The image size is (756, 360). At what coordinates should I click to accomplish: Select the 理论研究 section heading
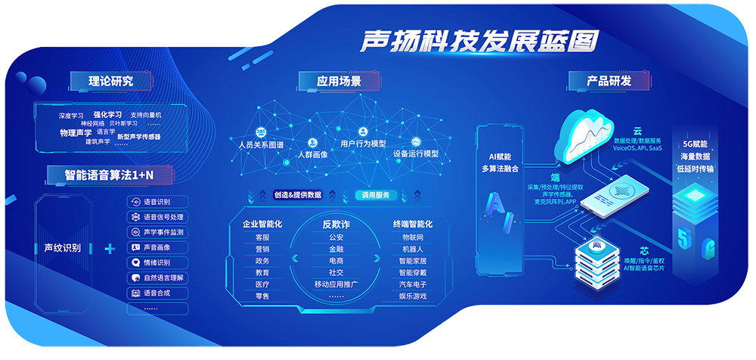coord(101,80)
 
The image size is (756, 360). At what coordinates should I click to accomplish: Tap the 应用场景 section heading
coord(339,80)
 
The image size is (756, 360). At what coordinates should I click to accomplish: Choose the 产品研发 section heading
coord(609,80)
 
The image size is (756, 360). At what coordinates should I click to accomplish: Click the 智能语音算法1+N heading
coord(109,175)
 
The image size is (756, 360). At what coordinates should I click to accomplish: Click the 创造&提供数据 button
coord(298,194)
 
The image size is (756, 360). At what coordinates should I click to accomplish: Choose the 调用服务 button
coord(376,194)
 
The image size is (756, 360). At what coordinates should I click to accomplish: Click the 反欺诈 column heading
coord(336,224)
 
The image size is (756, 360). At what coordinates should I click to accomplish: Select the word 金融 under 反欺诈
coord(336,249)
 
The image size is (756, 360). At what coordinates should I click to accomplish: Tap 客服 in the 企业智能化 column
coord(262,237)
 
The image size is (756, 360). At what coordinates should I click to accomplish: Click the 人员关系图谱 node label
coord(261,144)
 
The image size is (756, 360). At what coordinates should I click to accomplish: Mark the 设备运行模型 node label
coord(416,154)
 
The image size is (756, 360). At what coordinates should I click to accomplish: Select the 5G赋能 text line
coord(695,143)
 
